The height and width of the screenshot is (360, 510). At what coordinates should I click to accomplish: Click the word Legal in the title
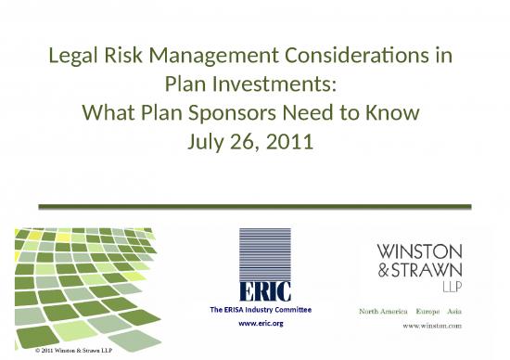tap(74, 56)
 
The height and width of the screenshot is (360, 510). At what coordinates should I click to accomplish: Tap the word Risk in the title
tap(125, 56)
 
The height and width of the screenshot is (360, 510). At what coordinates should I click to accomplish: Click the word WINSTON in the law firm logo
tap(417, 250)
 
